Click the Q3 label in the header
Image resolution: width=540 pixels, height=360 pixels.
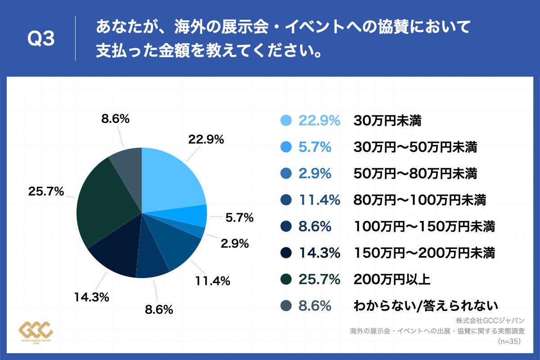[x=41, y=39]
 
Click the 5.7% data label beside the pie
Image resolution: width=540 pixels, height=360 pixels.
[x=239, y=218]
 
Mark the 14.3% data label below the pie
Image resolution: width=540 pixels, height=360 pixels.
[x=91, y=297]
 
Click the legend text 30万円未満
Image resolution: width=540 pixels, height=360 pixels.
[x=387, y=121]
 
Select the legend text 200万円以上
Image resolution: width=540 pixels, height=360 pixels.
[x=392, y=280]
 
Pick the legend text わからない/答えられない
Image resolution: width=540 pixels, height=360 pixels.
[x=426, y=306]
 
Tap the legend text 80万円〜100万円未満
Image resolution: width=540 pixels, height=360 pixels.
[x=419, y=200]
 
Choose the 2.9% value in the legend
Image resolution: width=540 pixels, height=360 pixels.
[x=315, y=174]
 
